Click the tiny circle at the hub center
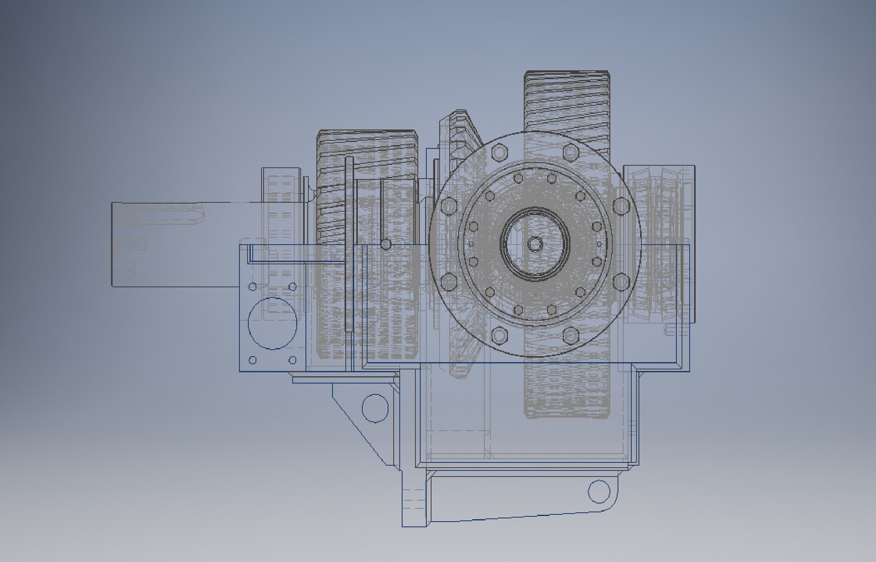535,243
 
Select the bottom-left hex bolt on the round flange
499,335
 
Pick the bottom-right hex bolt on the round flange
571,335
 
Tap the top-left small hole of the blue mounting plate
253,287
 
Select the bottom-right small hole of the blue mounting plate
293,360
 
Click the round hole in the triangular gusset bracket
375,407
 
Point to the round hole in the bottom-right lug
598,491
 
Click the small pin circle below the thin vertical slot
386,244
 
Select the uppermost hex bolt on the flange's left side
448,206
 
